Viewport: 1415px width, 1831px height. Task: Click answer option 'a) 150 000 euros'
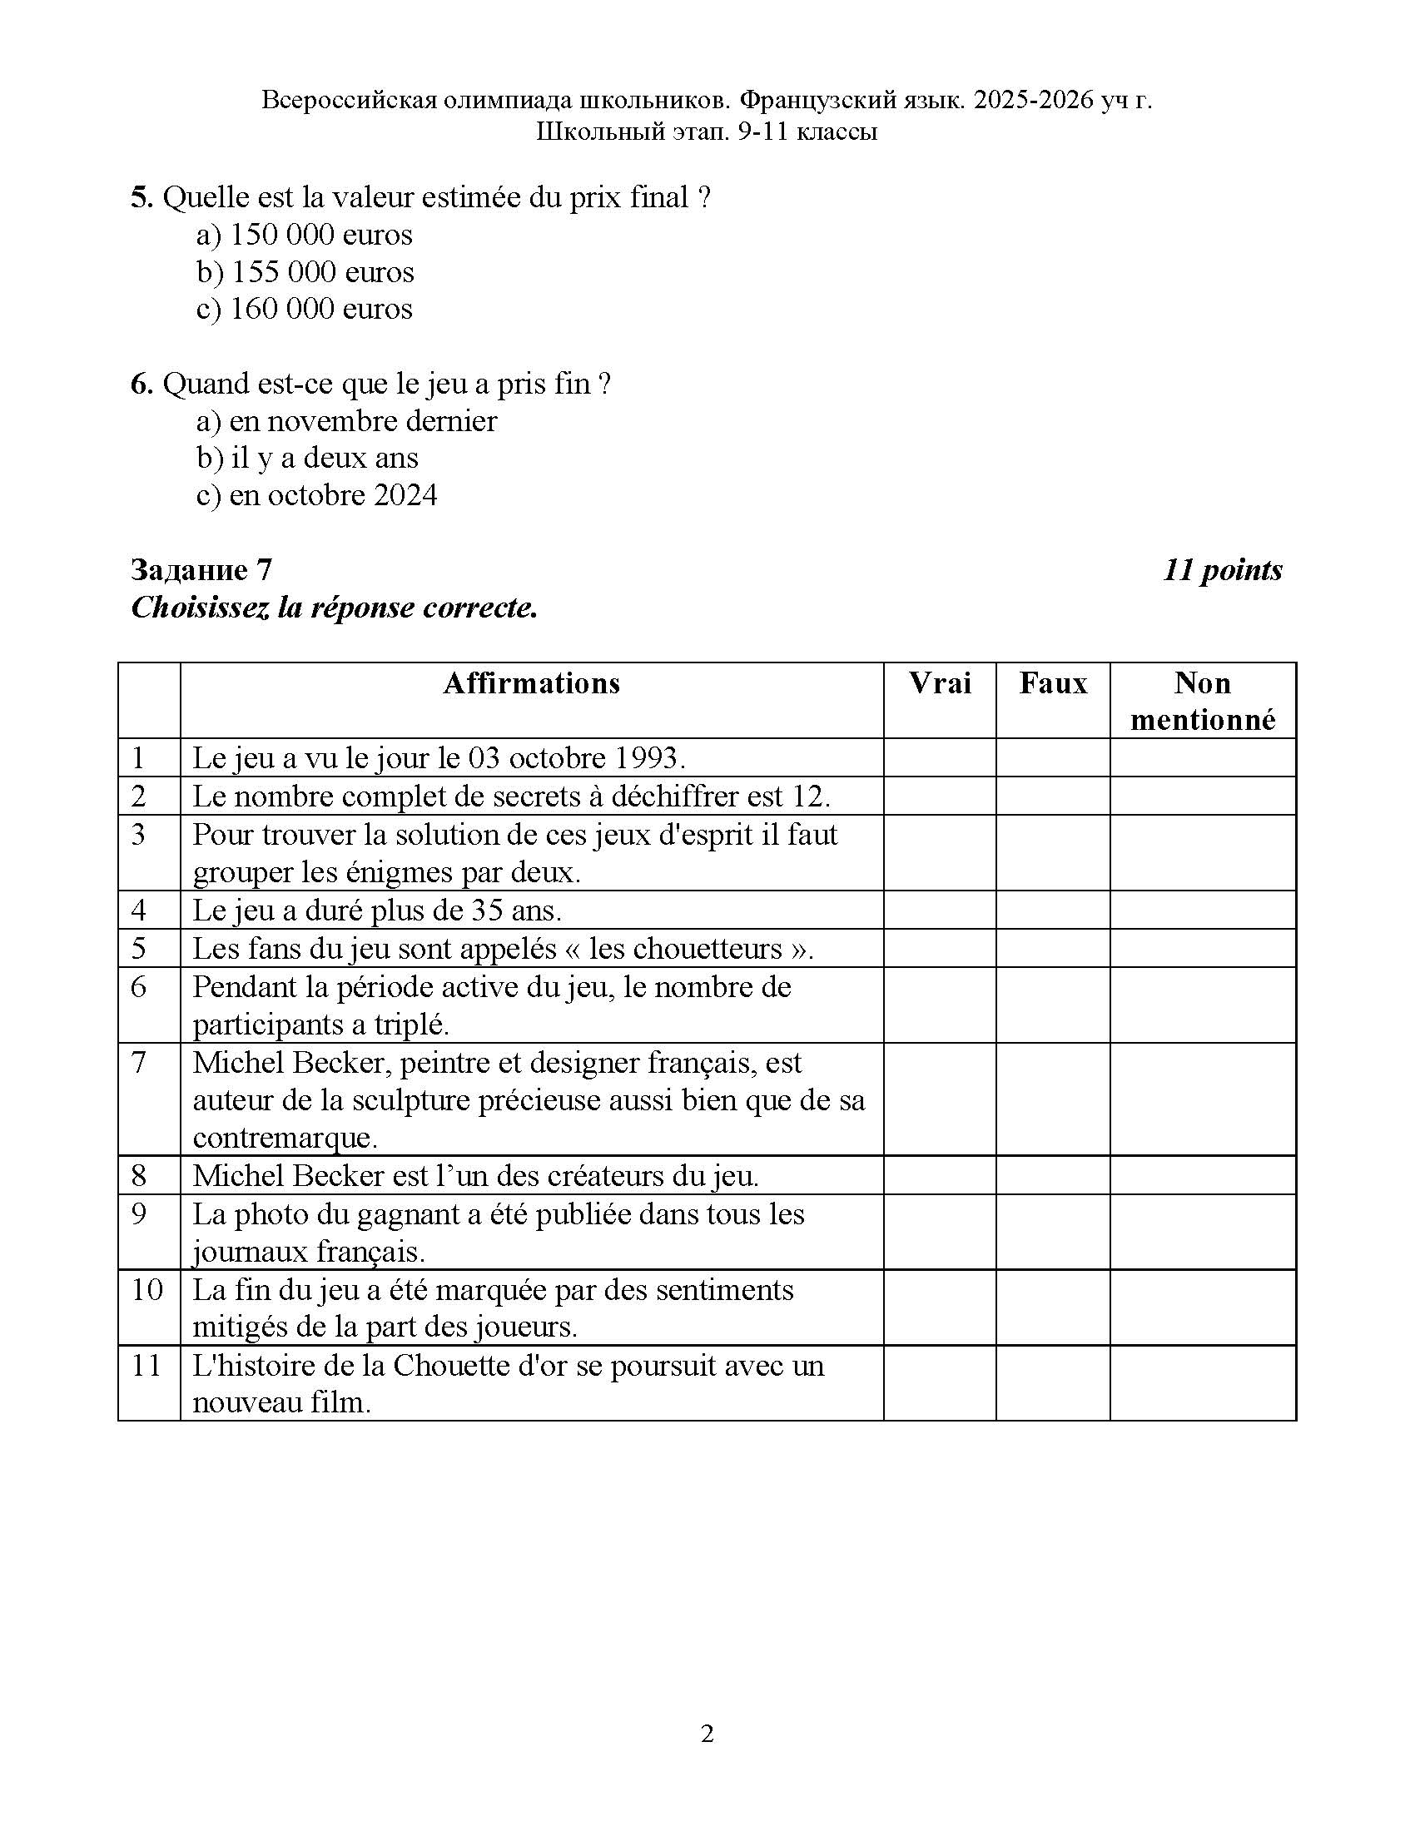(x=305, y=235)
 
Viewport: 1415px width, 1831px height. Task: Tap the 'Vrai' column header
(x=940, y=683)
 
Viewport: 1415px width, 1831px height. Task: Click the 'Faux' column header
(x=1053, y=683)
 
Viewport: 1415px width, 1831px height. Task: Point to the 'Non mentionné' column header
(x=1202, y=701)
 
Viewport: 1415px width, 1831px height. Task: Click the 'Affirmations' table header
(x=532, y=683)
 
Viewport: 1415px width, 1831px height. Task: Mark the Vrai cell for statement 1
(x=940, y=758)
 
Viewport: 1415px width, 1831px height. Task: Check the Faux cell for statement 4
(x=1053, y=910)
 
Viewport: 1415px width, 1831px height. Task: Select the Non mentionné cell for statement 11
(x=1202, y=1383)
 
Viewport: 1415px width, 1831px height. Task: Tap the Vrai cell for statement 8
(x=940, y=1175)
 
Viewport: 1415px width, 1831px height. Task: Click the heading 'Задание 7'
(x=201, y=570)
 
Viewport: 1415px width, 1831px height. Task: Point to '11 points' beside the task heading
(x=1222, y=570)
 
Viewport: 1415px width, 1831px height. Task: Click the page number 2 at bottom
(x=707, y=1733)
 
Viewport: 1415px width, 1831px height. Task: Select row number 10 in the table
(x=147, y=1289)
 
